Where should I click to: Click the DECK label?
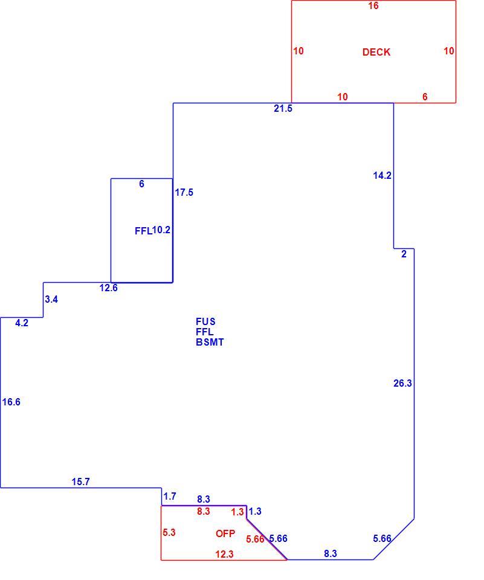click(376, 52)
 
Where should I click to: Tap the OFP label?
click(225, 533)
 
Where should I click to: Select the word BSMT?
click(210, 342)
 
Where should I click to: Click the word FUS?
click(205, 321)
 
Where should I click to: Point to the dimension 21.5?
click(283, 108)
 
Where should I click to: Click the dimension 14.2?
click(382, 175)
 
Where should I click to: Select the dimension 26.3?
click(402, 383)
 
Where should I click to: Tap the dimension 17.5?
click(184, 192)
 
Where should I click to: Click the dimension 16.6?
click(11, 402)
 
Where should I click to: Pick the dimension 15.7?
click(81, 482)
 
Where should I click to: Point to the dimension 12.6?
click(108, 288)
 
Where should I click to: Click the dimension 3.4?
click(51, 299)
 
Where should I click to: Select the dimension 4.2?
click(22, 323)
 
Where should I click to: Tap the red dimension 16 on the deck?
click(373, 5)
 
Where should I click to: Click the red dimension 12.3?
click(225, 554)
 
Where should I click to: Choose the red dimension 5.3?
click(169, 533)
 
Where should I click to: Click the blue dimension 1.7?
click(170, 496)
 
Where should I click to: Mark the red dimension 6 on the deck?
click(425, 97)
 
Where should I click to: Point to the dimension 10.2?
click(161, 230)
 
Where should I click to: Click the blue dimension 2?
click(404, 254)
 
